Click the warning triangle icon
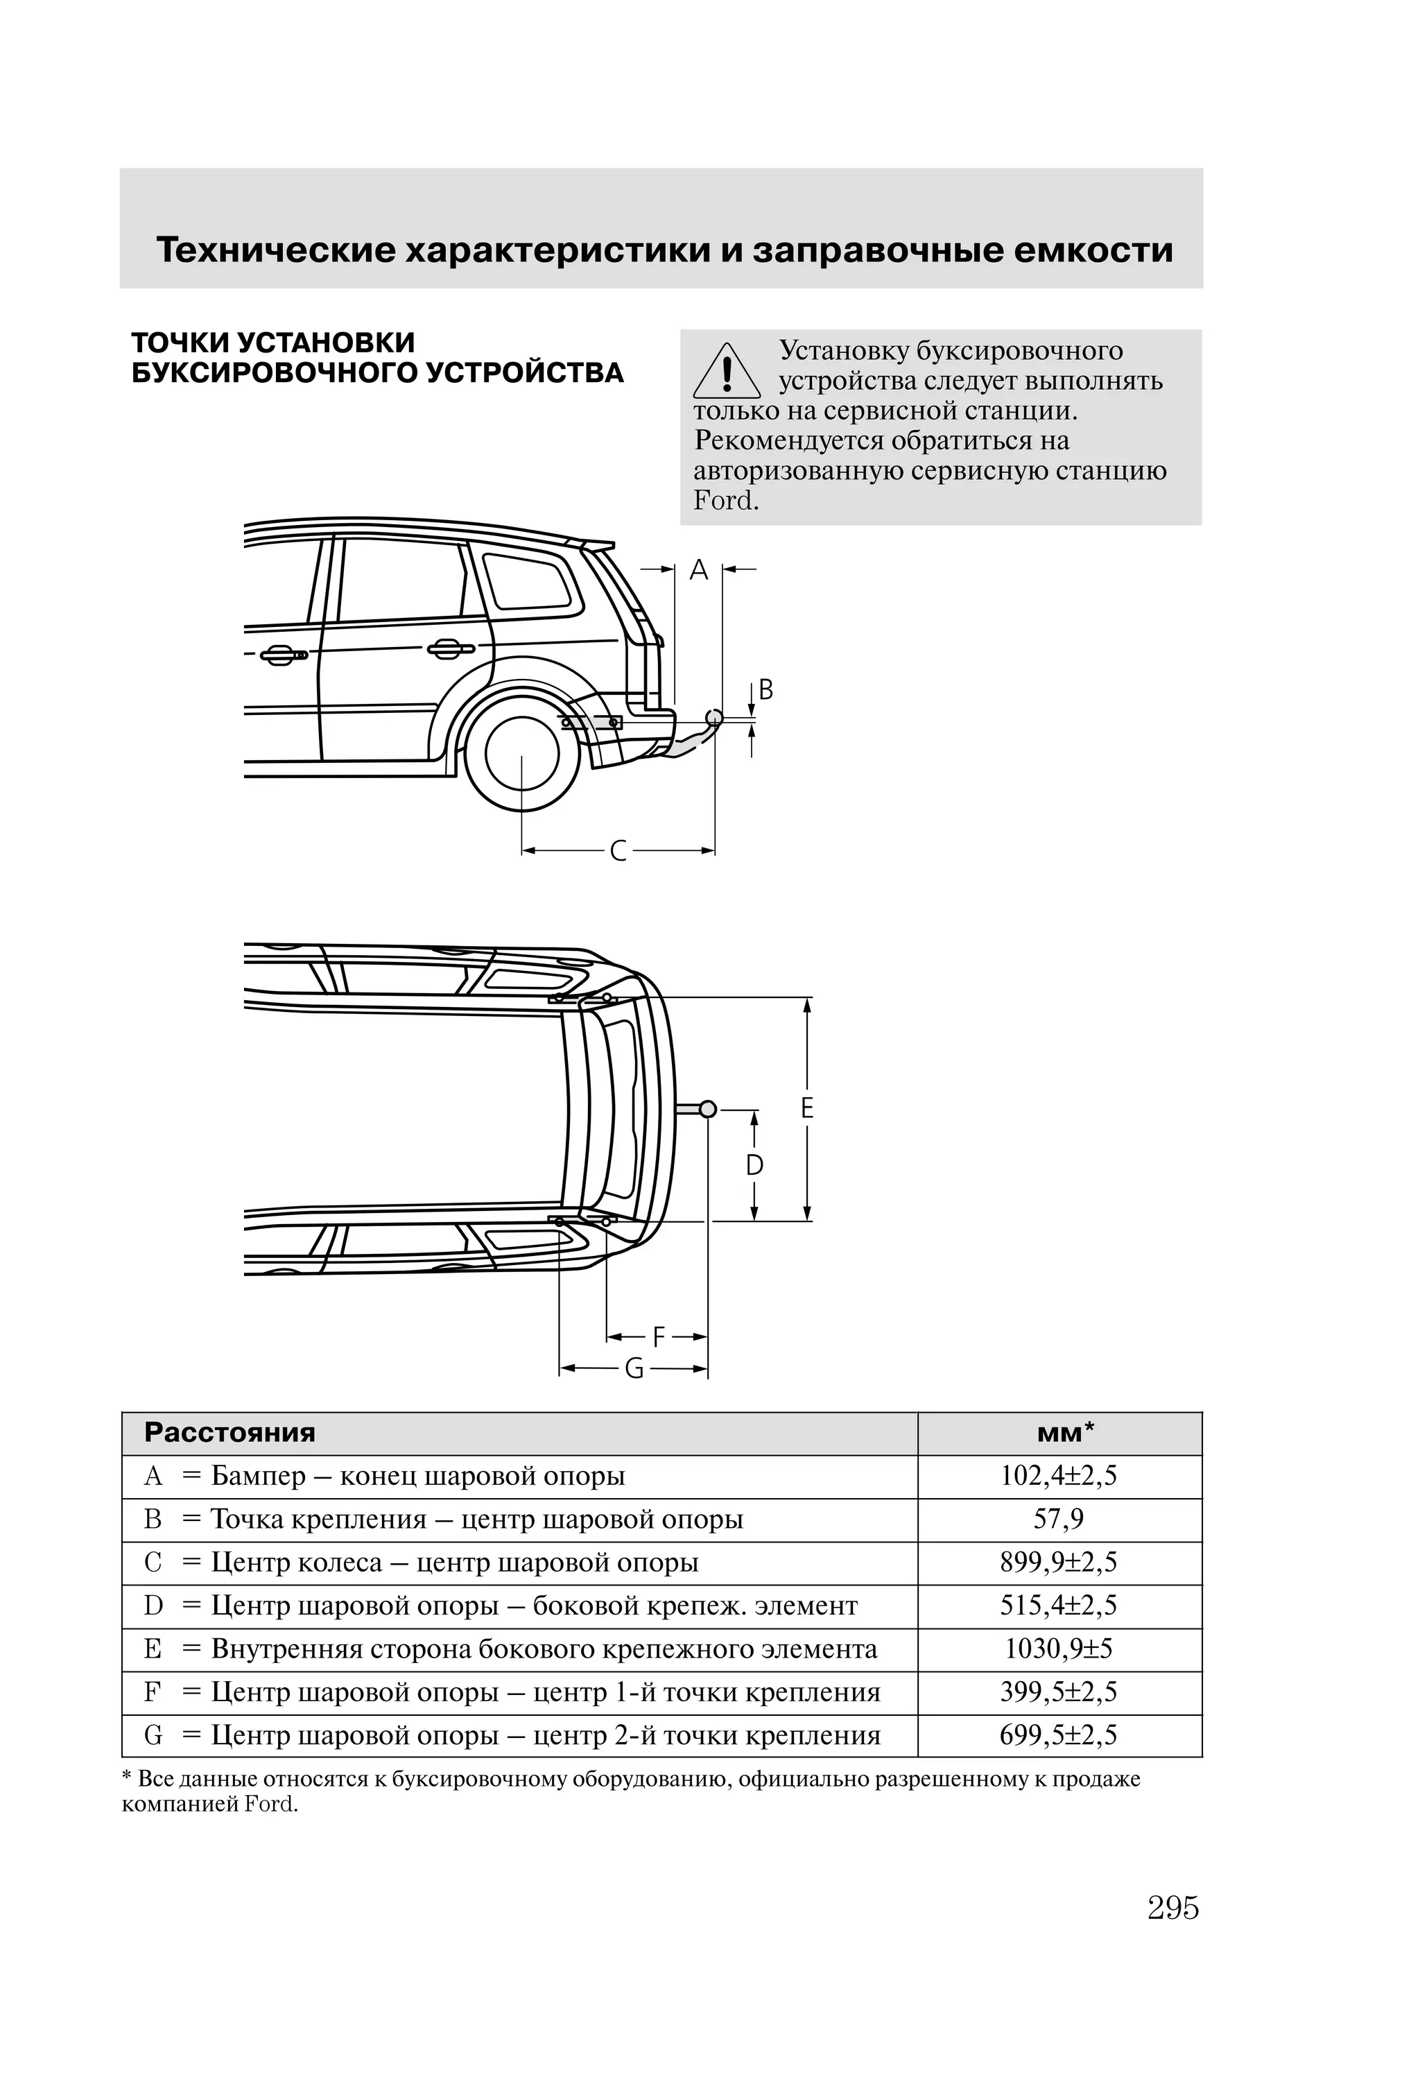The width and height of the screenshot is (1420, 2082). coord(727,371)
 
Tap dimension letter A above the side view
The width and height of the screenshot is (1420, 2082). coord(699,570)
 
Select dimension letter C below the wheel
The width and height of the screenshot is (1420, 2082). coord(618,850)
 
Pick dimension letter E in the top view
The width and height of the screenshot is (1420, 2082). coord(807,1109)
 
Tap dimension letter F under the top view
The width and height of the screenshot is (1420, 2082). coord(659,1338)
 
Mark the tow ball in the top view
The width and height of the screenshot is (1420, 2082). coord(708,1109)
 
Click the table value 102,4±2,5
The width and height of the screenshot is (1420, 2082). coord(1058,1475)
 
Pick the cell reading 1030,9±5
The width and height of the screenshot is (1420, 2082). coord(1058,1649)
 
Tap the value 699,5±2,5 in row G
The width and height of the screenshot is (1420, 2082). coord(1058,1735)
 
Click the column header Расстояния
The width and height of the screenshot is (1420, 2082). coord(230,1432)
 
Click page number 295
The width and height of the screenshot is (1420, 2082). coord(1172,1908)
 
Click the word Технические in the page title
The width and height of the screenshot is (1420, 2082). coord(275,250)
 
